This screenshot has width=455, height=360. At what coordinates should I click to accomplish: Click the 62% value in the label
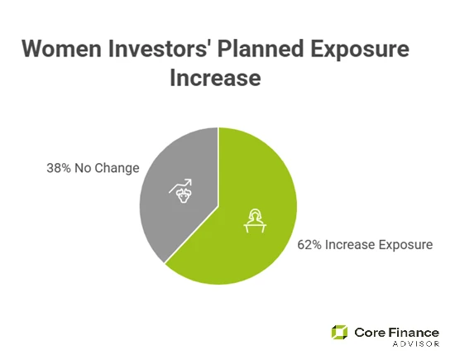pyautogui.click(x=310, y=246)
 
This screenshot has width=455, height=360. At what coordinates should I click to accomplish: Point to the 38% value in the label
pyautogui.click(x=60, y=168)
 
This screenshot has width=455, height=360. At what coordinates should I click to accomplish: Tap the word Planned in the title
pyautogui.click(x=266, y=50)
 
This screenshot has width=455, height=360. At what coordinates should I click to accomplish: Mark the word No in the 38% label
pyautogui.click(x=84, y=168)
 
